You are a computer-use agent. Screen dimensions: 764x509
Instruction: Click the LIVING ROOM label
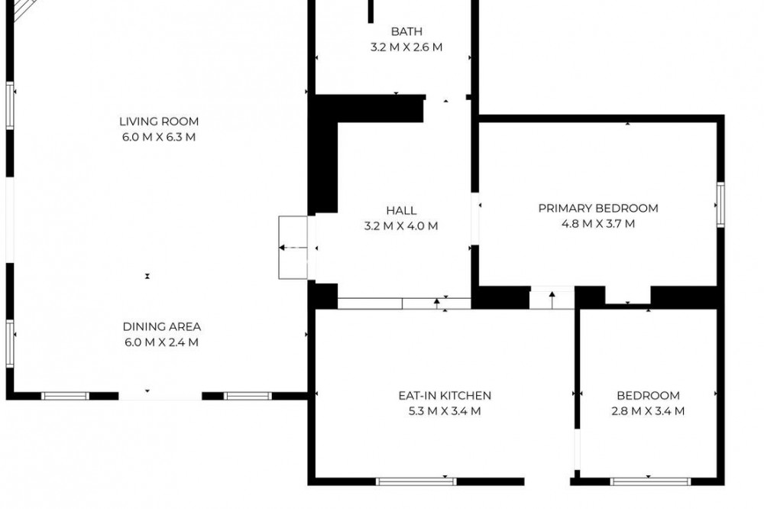(159, 122)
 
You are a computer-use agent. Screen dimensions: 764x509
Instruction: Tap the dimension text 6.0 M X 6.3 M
(159, 137)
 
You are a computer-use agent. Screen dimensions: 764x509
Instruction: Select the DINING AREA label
(162, 326)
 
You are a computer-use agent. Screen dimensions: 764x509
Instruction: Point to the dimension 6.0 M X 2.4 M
(162, 342)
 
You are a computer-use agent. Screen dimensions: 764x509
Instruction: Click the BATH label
(406, 31)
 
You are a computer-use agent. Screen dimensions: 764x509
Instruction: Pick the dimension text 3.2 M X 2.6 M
(406, 47)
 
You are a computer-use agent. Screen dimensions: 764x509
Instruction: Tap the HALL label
(401, 211)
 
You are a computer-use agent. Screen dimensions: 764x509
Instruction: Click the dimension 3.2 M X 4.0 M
(401, 226)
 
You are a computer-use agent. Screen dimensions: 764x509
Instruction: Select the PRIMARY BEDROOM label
(598, 208)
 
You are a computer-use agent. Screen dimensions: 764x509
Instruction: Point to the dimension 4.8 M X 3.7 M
(598, 224)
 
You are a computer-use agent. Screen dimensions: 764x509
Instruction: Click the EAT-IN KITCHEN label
(445, 395)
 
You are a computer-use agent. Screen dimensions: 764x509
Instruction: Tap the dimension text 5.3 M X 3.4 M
(445, 411)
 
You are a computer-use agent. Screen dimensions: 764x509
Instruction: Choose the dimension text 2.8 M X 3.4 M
(648, 411)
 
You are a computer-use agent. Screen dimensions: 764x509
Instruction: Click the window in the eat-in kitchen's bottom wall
(416, 481)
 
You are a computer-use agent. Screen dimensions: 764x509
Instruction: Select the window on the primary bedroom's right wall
(720, 205)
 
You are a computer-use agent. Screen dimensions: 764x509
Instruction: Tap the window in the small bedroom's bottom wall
(650, 481)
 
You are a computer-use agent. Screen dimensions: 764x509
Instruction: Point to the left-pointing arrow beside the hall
(293, 248)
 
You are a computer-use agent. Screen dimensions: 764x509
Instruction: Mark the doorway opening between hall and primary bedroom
(475, 219)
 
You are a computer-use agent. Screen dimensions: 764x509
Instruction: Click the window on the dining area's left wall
(10, 344)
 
